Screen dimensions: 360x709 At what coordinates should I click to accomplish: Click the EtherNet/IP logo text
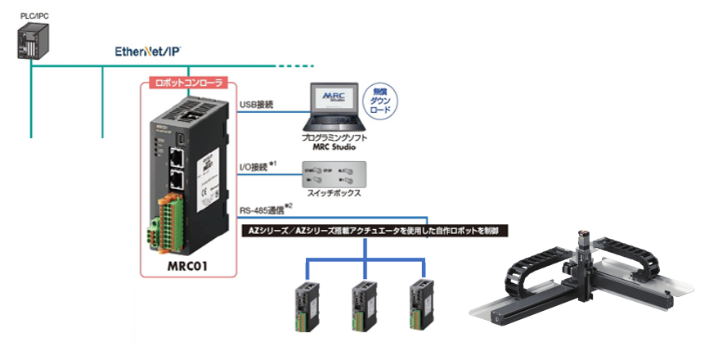click(148, 52)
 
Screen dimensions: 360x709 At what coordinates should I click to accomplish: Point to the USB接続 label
click(256, 104)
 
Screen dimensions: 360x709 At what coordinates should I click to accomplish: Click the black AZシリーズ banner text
click(377, 232)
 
